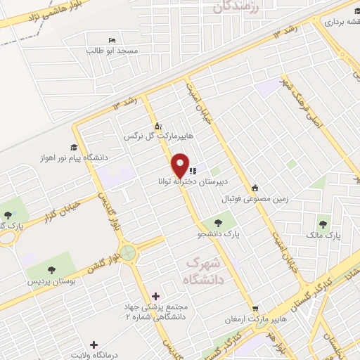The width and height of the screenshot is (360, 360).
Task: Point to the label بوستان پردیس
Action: [51, 281]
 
